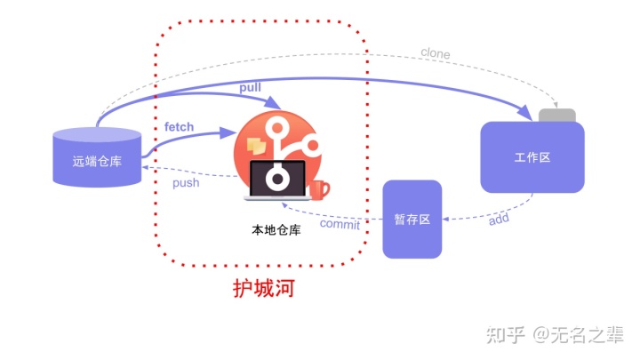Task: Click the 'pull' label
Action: coord(251,88)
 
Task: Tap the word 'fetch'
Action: coord(179,127)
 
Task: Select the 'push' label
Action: coord(186,183)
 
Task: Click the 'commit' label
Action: coord(340,224)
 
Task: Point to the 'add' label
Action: coord(499,219)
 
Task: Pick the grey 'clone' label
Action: coord(435,53)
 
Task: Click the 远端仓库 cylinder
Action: coord(98,159)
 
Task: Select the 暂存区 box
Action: coord(412,220)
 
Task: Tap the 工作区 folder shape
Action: coord(532,157)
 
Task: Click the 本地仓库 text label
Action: coord(276,229)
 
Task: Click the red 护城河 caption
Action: coord(263,289)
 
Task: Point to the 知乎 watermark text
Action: coord(504,334)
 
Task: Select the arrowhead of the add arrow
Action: coord(447,219)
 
